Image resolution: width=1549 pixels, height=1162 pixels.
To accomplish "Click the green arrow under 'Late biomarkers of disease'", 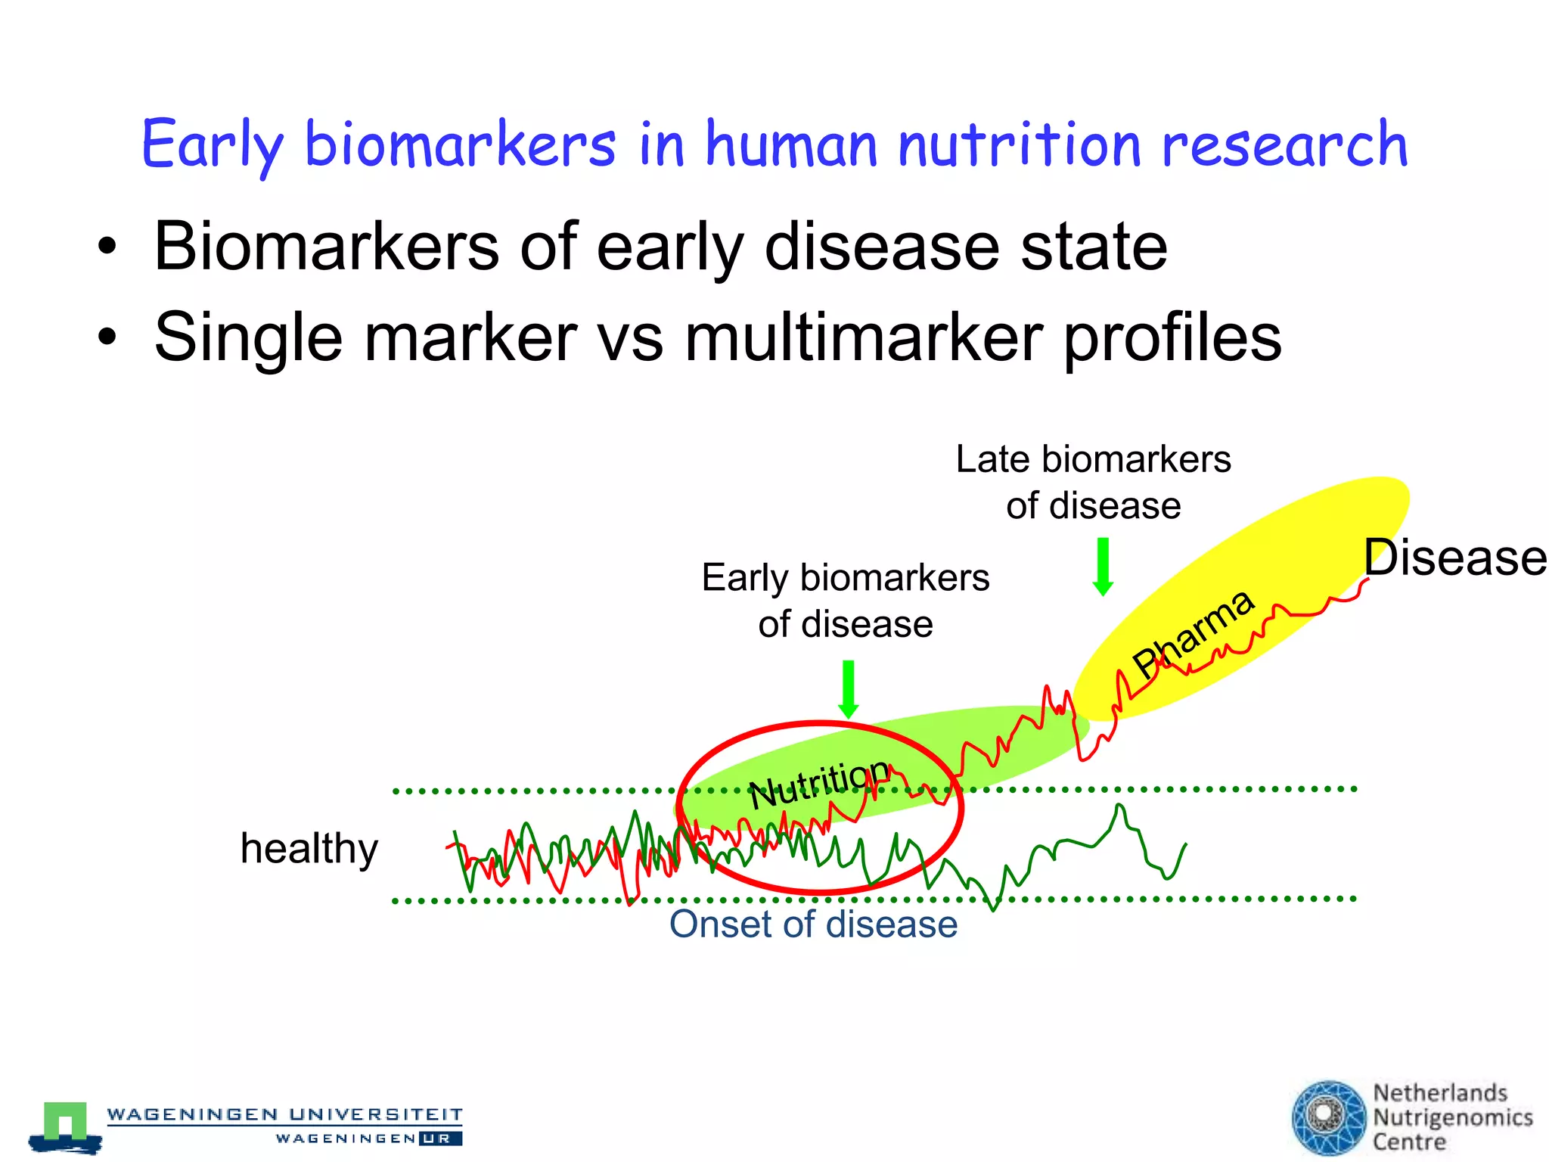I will [x=1103, y=566].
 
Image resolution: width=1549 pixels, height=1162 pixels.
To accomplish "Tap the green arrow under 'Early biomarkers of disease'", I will [x=849, y=688].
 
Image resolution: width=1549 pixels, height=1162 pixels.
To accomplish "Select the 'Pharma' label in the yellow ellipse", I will [x=1194, y=634].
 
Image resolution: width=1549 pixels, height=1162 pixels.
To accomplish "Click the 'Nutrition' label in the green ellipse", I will [x=818, y=782].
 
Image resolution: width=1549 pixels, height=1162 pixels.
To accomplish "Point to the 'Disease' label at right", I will [x=1454, y=558].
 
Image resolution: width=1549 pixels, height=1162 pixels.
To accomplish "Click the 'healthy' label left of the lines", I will [x=309, y=848].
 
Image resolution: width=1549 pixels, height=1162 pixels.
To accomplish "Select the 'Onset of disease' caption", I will [x=813, y=924].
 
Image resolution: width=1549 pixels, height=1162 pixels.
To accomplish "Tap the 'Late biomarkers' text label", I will [x=1093, y=459].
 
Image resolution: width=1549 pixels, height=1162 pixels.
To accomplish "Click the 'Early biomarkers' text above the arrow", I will [x=845, y=578].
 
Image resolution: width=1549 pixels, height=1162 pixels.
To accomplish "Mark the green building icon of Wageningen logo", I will [x=66, y=1122].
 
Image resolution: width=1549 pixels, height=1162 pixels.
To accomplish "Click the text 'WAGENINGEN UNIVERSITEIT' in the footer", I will [x=284, y=1114].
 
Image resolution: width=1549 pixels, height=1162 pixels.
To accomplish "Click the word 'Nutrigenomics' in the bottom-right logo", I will [x=1452, y=1117].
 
